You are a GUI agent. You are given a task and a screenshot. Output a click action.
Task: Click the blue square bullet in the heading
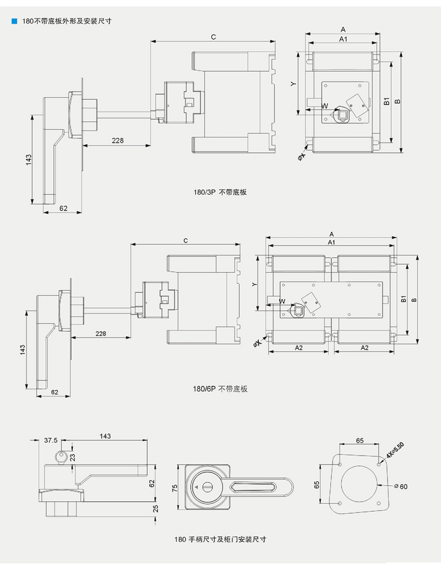pos(14,21)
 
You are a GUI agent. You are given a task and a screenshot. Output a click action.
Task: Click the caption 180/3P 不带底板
pos(220,192)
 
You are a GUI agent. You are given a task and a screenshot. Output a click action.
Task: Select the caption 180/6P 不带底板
pos(220,389)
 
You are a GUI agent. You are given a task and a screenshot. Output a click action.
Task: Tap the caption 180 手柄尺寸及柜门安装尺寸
pos(220,539)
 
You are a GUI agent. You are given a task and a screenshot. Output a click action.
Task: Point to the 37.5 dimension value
pos(51,440)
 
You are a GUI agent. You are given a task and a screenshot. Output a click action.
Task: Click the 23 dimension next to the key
pos(73,457)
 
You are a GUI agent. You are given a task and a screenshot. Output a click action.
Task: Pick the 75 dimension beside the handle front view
pos(175,488)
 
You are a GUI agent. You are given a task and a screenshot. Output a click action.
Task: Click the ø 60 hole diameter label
pos(401,486)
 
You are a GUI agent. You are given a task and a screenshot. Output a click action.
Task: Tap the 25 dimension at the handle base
pos(155,509)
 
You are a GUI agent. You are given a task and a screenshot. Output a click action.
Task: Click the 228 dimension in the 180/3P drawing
pos(118,140)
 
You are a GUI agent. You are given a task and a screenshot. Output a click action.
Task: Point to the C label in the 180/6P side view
pos(186,240)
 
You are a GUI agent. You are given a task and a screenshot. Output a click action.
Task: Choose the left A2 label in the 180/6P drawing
pos(299,348)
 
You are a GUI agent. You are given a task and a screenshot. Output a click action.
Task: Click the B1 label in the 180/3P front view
pos(386,101)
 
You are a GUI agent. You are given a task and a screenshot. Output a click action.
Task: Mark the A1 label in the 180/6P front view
pos(331,242)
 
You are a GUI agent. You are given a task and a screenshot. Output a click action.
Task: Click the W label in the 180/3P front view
pos(325,106)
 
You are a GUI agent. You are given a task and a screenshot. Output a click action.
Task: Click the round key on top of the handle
pos(61,456)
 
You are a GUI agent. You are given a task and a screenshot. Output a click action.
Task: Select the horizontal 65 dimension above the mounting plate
pos(360,440)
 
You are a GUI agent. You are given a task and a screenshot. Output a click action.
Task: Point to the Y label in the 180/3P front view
pos(294,83)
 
